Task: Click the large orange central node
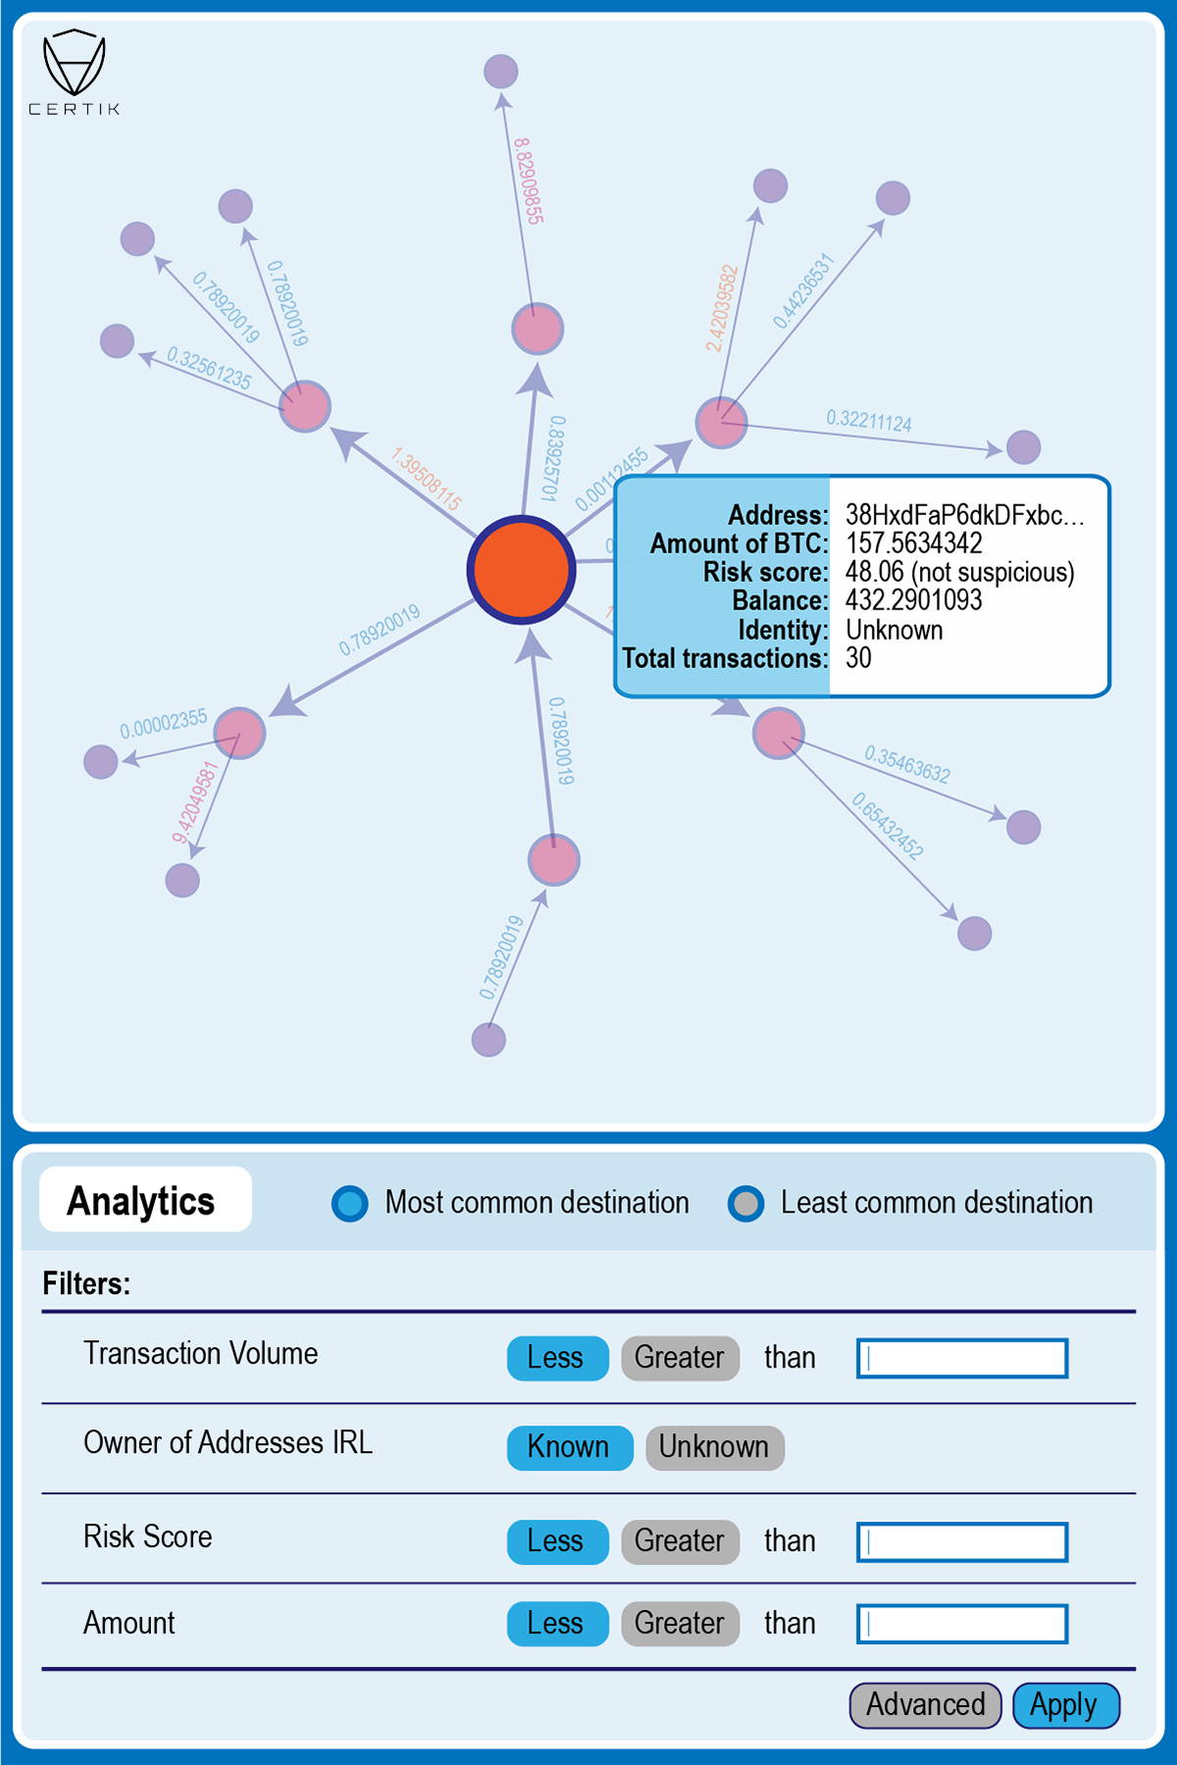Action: [521, 569]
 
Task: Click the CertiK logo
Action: [75, 71]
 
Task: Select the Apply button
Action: [1064, 1705]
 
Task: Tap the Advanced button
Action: [925, 1705]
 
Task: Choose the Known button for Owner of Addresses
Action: [569, 1447]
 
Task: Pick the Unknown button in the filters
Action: [714, 1447]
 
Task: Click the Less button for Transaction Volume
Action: [556, 1358]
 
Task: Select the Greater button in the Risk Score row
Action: [680, 1541]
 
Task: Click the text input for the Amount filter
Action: [962, 1624]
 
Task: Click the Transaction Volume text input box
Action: [962, 1359]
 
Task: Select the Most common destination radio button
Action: [350, 1203]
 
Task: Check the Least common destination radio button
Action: [746, 1203]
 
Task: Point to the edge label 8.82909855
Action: [528, 182]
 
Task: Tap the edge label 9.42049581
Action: [195, 802]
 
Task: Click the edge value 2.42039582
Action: [722, 308]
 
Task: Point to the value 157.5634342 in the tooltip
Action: [913, 544]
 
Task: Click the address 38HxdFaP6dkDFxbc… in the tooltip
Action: [965, 515]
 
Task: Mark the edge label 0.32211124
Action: [869, 421]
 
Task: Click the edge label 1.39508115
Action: [426, 479]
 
